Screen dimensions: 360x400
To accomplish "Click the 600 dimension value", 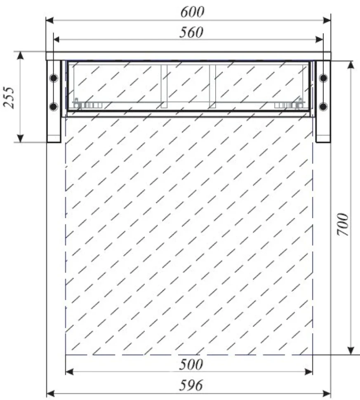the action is click(x=193, y=12).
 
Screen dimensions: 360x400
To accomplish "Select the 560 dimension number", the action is click(x=191, y=33).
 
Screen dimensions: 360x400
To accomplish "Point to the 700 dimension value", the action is click(x=343, y=224).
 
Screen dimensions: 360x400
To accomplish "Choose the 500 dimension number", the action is click(x=191, y=364).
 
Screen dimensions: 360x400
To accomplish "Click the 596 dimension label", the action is click(x=191, y=385).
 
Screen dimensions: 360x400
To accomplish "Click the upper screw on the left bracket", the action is click(x=54, y=78).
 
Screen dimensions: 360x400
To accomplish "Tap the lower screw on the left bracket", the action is click(x=53, y=106).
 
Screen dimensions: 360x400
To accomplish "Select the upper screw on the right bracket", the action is click(x=324, y=78).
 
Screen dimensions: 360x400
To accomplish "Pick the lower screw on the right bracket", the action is click(x=323, y=106).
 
